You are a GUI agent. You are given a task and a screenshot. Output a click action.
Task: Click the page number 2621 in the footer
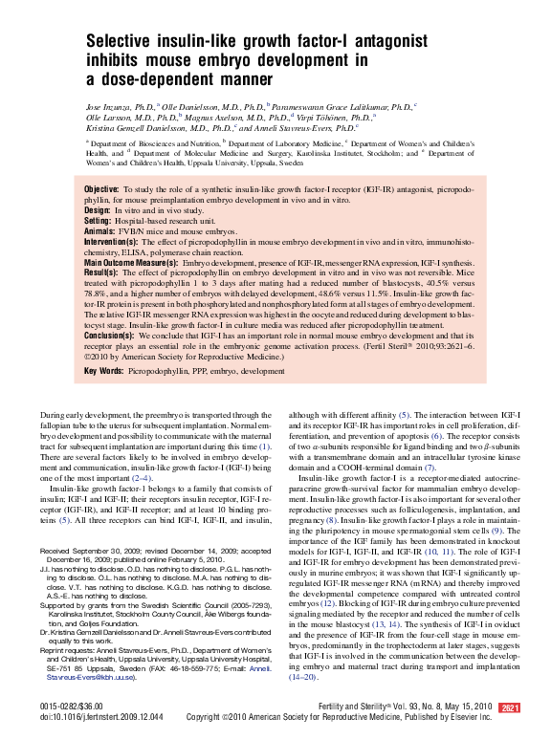(x=509, y=707)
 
